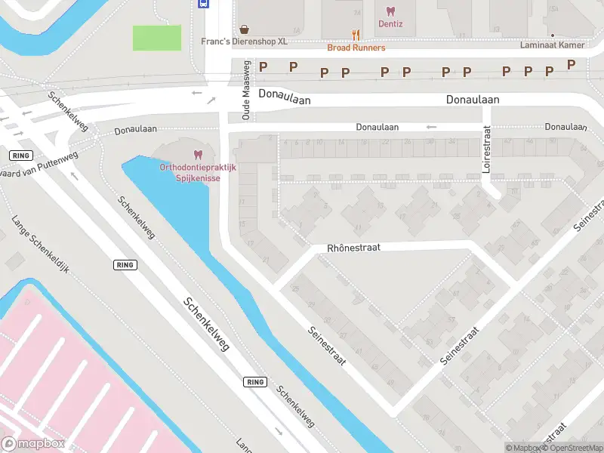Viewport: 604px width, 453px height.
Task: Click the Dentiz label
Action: point(390,24)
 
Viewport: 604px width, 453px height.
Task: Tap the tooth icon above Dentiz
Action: point(390,11)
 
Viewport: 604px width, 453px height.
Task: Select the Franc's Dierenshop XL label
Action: point(244,42)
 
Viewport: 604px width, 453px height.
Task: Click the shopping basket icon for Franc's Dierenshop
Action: point(244,29)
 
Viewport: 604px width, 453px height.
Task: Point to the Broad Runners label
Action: point(356,48)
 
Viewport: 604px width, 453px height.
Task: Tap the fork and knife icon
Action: point(356,35)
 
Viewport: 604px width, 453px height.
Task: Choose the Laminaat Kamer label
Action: point(553,45)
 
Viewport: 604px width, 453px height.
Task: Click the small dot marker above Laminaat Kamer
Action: point(553,35)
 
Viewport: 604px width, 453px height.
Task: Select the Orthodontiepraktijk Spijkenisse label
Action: point(199,172)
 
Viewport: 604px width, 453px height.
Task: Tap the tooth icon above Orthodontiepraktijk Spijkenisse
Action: point(199,154)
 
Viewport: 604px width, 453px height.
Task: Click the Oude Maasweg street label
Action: point(245,91)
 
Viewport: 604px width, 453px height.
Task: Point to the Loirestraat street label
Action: point(487,149)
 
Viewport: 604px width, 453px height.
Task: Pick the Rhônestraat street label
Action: point(353,248)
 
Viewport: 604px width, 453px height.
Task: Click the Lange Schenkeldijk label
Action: point(40,245)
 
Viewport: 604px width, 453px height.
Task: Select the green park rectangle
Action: point(157,38)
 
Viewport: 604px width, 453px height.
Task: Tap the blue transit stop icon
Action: point(203,3)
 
